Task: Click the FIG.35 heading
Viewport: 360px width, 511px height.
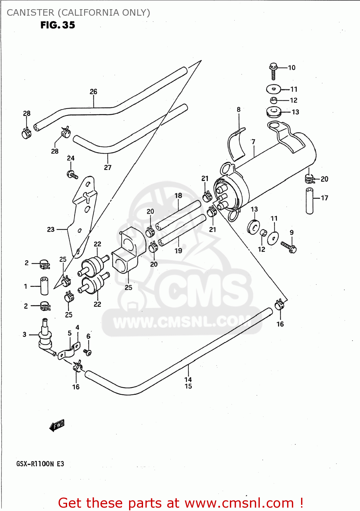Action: pos(58,25)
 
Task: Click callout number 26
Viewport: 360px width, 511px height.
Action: pos(93,92)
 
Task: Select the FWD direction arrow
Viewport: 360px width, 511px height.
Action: pos(57,425)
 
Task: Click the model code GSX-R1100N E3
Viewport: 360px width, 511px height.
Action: pos(40,464)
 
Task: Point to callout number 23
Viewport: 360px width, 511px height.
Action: pos(51,230)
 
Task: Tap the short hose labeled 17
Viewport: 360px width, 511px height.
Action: pos(309,201)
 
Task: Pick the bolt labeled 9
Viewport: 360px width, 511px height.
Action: pos(289,246)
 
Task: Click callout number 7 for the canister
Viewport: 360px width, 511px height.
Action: pos(253,142)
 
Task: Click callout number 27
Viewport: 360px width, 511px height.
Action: pos(108,168)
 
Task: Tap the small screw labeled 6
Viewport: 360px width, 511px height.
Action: pos(88,352)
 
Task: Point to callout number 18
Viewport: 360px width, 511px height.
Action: pos(178,196)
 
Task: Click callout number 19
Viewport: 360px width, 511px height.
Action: pos(178,251)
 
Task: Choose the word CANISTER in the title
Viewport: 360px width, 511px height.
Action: pos(30,13)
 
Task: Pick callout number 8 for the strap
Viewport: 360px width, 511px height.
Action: pos(238,109)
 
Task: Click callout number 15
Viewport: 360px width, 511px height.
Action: pos(188,386)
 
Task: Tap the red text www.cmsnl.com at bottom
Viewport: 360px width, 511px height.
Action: pos(239,503)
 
